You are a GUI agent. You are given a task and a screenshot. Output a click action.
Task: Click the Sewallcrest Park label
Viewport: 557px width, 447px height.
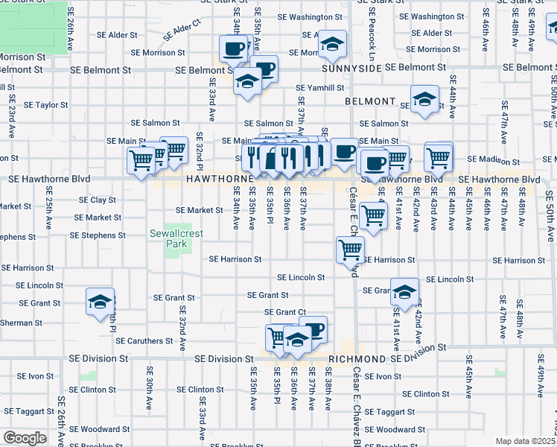pyautogui.click(x=176, y=238)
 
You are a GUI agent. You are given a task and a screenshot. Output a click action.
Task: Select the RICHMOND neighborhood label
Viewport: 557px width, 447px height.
pyautogui.click(x=357, y=358)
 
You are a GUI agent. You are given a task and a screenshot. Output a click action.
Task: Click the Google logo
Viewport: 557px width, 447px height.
pyautogui.click(x=25, y=438)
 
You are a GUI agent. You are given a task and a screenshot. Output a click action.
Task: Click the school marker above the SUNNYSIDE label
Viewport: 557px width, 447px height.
pyautogui.click(x=332, y=42)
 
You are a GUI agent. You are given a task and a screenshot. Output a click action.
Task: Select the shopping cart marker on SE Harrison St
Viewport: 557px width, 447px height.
pyautogui.click(x=349, y=250)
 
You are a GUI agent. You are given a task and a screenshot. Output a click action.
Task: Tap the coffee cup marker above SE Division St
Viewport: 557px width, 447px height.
pyautogui.click(x=314, y=328)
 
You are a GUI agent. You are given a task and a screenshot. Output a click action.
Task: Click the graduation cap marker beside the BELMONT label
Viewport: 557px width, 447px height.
pyautogui.click(x=424, y=99)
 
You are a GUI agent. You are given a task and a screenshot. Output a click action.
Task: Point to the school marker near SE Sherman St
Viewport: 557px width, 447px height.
pyautogui.click(x=100, y=301)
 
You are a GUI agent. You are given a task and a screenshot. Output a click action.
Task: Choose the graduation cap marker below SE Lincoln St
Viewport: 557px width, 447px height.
pyautogui.click(x=404, y=292)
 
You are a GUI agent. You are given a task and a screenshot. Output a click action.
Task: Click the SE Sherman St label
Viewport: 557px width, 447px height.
pyautogui.click(x=21, y=323)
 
